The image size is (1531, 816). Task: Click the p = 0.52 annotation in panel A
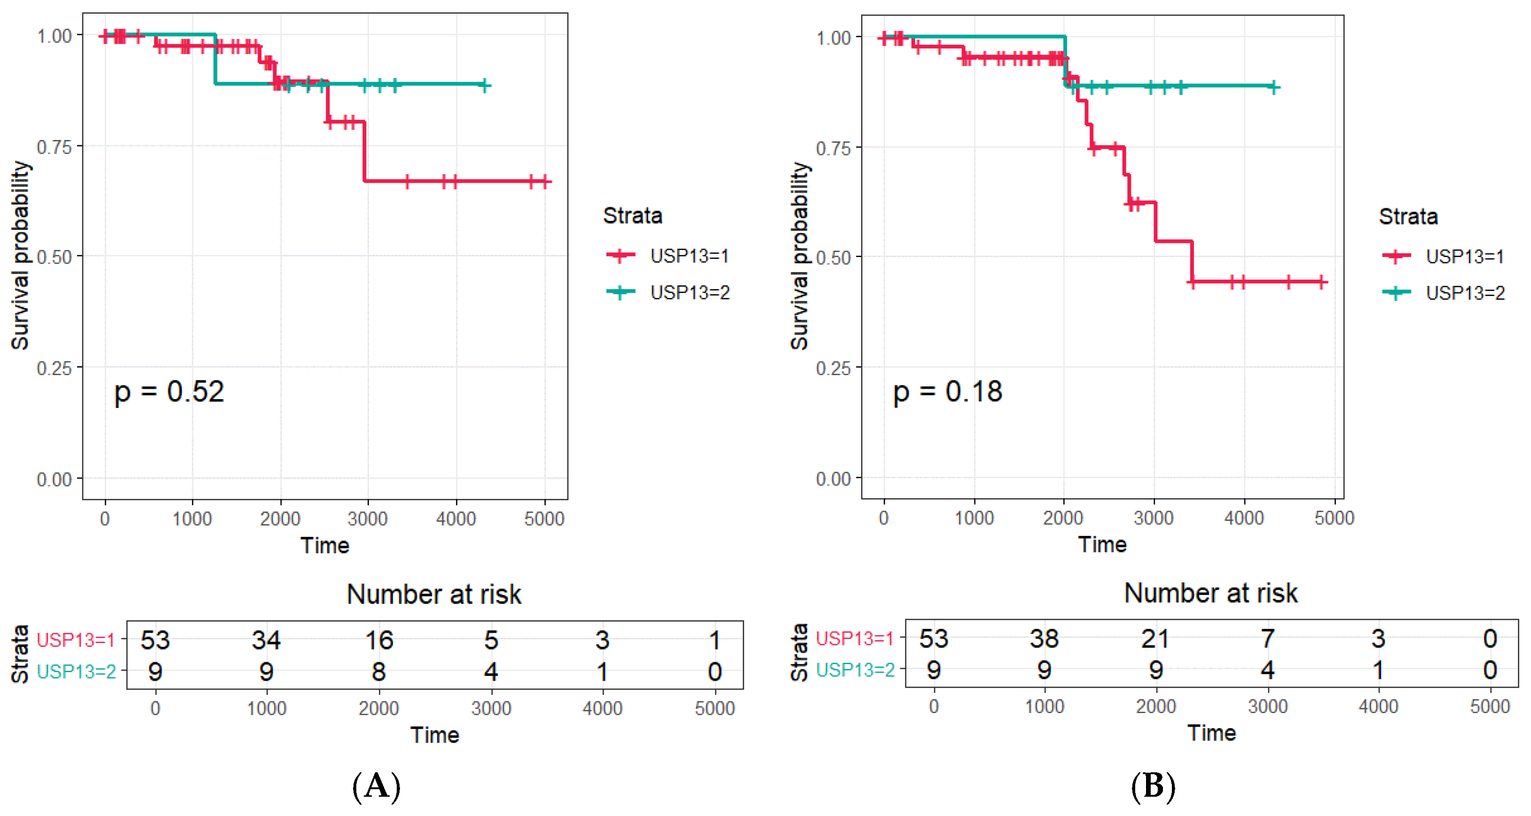[x=169, y=392]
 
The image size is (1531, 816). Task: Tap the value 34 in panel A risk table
[x=266, y=640]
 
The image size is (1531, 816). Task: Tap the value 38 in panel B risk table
[x=1044, y=639]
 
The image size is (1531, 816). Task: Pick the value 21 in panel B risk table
[x=1155, y=639]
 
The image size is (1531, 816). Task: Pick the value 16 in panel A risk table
[x=378, y=640]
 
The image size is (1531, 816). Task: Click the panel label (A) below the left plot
[x=376, y=786]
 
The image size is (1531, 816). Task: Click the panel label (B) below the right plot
[x=1153, y=786]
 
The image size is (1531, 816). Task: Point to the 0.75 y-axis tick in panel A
[x=55, y=147]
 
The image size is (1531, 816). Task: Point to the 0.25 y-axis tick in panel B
[x=833, y=368]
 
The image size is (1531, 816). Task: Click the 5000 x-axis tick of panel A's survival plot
[x=544, y=519]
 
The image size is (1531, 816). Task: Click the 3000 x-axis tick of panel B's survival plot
[x=1153, y=518]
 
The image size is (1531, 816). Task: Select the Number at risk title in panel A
[x=434, y=594]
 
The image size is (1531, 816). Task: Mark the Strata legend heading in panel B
[x=1408, y=216]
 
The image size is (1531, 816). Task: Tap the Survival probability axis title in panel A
[x=20, y=256]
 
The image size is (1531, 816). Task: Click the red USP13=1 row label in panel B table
[x=854, y=639]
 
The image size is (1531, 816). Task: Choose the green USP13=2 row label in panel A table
[x=76, y=672]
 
